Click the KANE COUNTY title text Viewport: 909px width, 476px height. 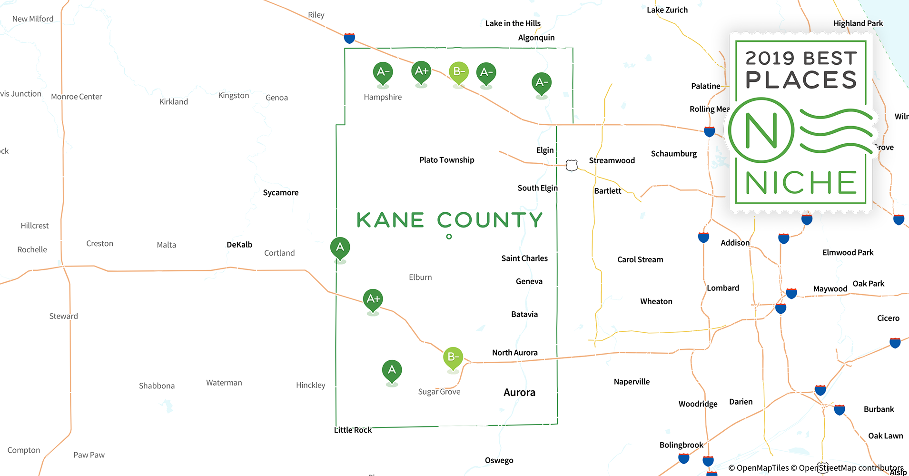click(x=449, y=220)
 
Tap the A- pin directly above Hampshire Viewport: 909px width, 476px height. click(x=383, y=73)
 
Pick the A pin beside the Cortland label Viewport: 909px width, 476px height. click(x=340, y=248)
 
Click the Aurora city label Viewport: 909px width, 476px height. click(x=519, y=393)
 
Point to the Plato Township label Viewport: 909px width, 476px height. click(x=446, y=160)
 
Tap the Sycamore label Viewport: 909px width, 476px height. click(x=281, y=193)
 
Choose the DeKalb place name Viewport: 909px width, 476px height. click(x=239, y=245)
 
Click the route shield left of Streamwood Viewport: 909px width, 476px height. click(x=572, y=165)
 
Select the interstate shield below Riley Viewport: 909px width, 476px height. click(x=349, y=38)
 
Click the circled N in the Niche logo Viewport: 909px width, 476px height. click(x=761, y=130)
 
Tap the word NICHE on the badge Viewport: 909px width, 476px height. click(x=801, y=183)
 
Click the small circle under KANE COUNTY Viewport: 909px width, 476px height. click(x=449, y=237)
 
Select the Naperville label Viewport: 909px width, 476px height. click(x=632, y=382)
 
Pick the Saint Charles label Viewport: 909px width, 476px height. click(x=524, y=258)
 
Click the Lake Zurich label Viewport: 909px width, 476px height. click(x=667, y=10)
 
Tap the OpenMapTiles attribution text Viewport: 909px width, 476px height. click(x=759, y=468)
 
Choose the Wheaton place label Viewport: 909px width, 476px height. click(x=656, y=301)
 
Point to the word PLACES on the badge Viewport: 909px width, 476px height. click(x=801, y=80)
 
